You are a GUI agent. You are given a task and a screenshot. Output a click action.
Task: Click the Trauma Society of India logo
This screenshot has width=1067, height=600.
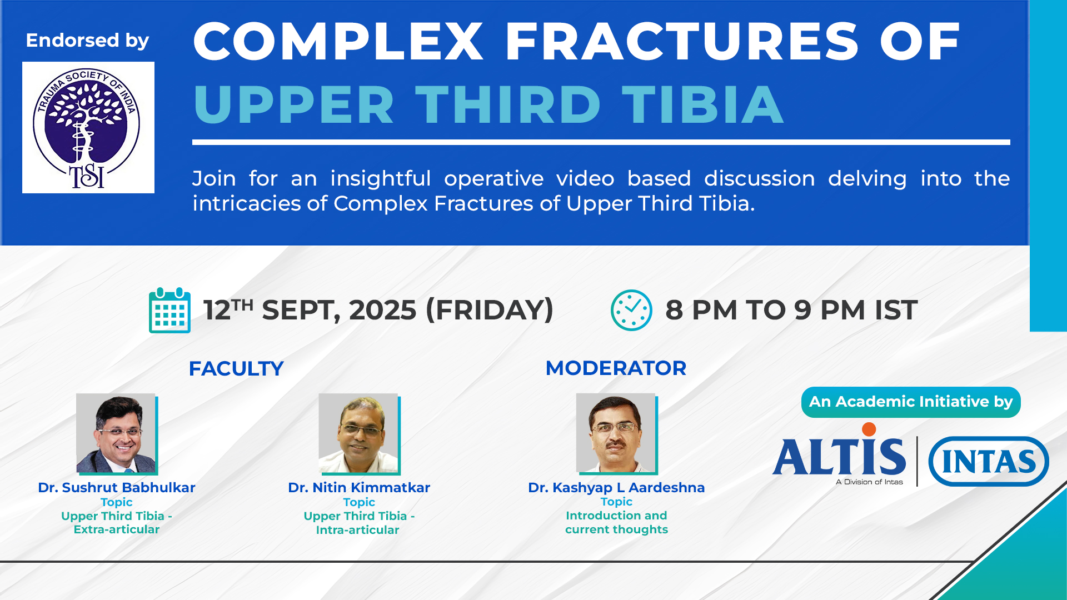point(88,127)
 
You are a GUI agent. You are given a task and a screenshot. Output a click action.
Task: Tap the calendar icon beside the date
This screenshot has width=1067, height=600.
point(169,310)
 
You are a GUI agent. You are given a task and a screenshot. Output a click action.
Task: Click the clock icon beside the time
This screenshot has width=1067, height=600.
point(631,310)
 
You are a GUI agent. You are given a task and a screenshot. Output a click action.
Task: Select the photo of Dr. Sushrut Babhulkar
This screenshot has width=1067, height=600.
point(117,434)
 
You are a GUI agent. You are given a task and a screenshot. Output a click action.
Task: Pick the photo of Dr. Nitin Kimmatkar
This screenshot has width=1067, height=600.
point(359,434)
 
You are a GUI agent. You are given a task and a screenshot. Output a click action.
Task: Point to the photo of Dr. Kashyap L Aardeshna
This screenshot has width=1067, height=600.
point(617,434)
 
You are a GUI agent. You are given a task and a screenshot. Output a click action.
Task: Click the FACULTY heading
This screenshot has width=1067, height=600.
point(236,369)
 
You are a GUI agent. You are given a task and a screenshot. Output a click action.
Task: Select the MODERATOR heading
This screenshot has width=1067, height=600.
point(616,368)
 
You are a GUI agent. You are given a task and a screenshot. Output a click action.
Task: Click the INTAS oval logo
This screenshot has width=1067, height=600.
point(989,461)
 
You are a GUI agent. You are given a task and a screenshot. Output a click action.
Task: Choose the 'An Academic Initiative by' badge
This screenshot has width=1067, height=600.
point(911,402)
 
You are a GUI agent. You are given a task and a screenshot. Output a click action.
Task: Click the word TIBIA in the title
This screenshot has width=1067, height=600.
point(703,104)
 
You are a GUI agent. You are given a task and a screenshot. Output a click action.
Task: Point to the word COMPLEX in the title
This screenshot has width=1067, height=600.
point(338,41)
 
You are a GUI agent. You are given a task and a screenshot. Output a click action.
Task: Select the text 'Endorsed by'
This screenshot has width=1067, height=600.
point(87,41)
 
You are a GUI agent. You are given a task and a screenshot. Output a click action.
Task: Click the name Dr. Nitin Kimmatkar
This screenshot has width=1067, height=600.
point(359,488)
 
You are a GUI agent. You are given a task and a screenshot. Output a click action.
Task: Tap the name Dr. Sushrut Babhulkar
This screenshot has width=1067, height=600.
point(117,488)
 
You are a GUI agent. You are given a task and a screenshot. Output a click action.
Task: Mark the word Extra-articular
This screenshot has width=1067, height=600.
point(117,529)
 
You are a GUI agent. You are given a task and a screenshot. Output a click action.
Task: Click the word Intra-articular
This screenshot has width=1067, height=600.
point(358,530)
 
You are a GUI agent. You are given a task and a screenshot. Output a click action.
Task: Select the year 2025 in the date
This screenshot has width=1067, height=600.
point(382,310)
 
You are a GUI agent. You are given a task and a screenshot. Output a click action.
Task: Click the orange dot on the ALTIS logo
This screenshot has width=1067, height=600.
point(869,429)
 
